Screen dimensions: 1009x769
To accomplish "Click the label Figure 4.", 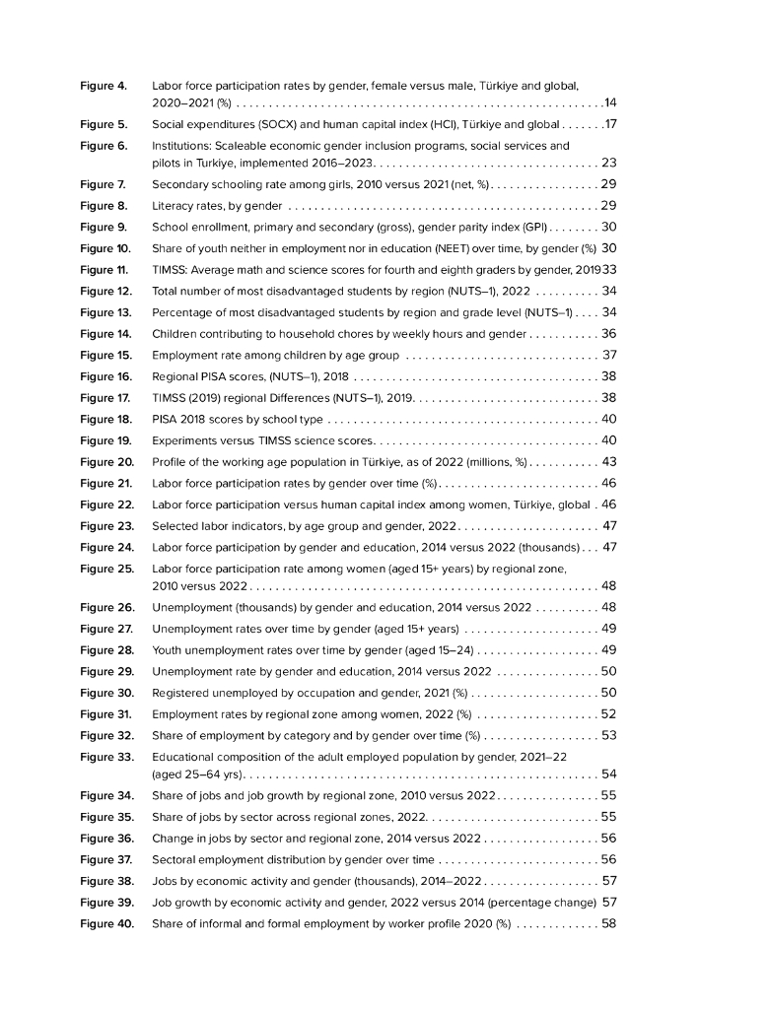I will [x=104, y=87].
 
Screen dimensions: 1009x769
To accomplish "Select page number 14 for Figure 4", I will [x=610, y=102].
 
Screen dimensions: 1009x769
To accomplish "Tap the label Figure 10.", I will [x=105, y=248].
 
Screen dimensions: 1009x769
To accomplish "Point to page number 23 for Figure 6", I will [x=609, y=163].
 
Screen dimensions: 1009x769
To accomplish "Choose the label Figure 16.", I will [x=105, y=376].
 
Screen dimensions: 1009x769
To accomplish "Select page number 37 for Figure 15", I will [x=609, y=355].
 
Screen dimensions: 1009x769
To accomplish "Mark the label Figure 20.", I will [x=106, y=462].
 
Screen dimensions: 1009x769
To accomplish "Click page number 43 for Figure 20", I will [x=609, y=462].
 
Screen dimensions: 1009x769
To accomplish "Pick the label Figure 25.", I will [x=106, y=569].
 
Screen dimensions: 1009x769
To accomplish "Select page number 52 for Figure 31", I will [x=609, y=714].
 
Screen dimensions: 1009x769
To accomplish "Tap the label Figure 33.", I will [x=106, y=758].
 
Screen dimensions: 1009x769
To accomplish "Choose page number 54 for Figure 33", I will [x=609, y=774].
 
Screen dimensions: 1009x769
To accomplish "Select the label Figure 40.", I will [x=106, y=923].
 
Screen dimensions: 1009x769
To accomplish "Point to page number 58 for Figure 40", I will [x=609, y=923].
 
